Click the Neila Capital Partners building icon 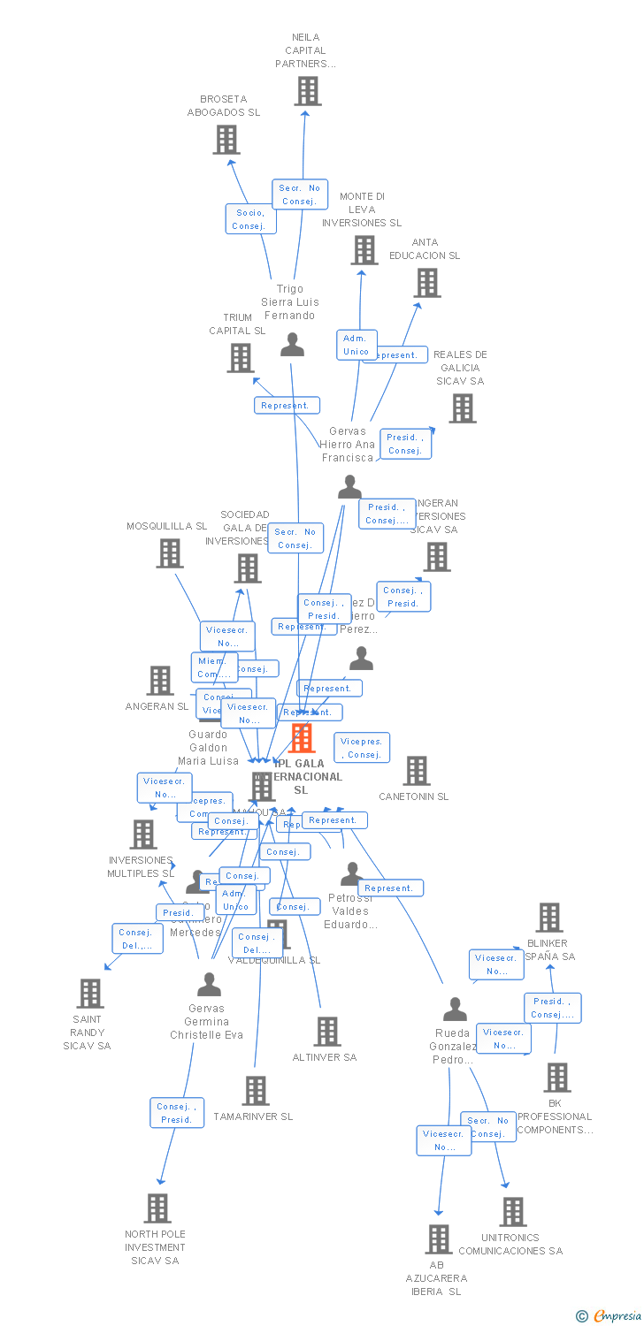click(x=307, y=91)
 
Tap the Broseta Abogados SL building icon click(x=226, y=140)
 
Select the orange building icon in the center click(x=302, y=738)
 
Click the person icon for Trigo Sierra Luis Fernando click(x=292, y=345)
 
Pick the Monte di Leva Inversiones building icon click(x=364, y=250)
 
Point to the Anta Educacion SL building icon click(x=427, y=283)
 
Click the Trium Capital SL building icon click(x=241, y=358)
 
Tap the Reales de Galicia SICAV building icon click(x=462, y=408)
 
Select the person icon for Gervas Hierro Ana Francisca click(x=349, y=487)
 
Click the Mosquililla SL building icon click(x=169, y=553)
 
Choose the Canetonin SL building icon click(x=416, y=771)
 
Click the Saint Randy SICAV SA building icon click(x=89, y=994)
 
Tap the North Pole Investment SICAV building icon click(x=157, y=1208)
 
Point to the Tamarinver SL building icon click(x=256, y=1091)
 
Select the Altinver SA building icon click(x=327, y=1032)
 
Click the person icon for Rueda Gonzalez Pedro click(x=455, y=1009)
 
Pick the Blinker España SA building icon click(x=548, y=918)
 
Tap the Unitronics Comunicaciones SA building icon click(x=513, y=1212)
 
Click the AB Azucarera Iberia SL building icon click(x=438, y=1239)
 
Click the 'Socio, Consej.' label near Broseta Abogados click(x=250, y=219)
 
